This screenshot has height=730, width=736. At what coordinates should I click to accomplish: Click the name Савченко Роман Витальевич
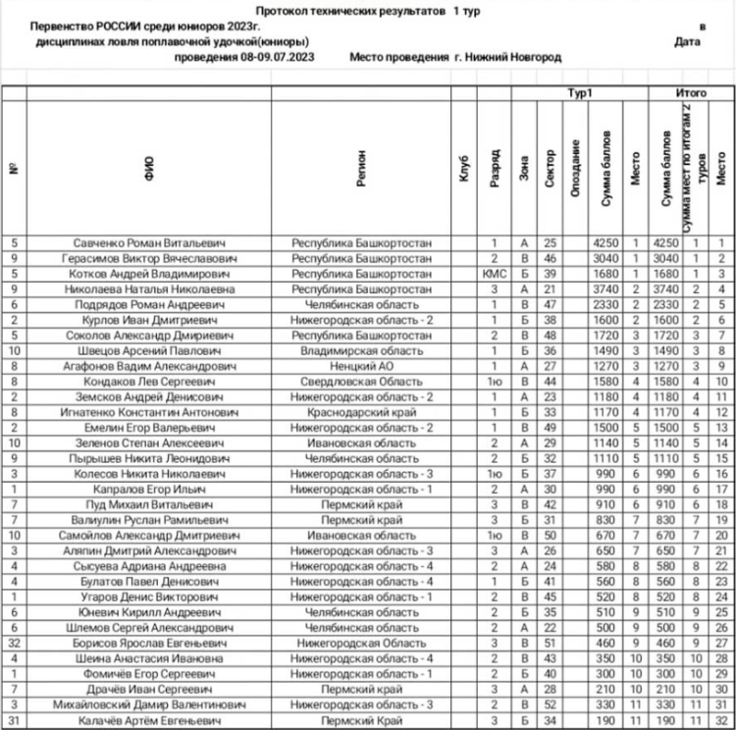click(149, 242)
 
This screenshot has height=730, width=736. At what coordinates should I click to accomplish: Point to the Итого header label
click(691, 93)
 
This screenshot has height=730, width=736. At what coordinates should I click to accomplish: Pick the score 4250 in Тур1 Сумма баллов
click(602, 242)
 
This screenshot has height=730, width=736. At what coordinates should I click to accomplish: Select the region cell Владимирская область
click(362, 349)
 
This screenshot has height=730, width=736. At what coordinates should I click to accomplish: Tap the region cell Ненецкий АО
click(362, 365)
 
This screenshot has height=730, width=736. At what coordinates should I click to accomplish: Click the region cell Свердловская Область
click(362, 381)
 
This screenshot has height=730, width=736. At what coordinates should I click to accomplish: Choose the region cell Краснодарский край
click(362, 411)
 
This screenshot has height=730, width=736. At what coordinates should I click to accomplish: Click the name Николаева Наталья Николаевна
click(149, 288)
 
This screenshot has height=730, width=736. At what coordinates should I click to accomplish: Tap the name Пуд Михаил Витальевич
click(149, 503)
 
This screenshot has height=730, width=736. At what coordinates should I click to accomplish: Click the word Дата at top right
click(688, 42)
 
